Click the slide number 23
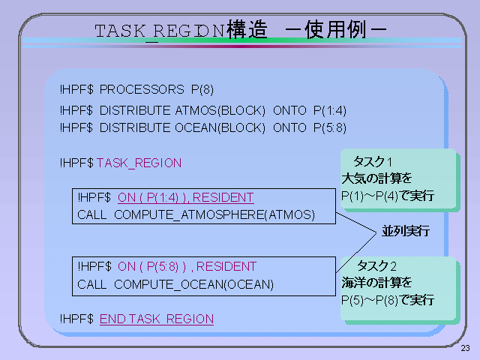pos(465,348)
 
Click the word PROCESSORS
pos(142,90)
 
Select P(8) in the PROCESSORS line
pos(202,90)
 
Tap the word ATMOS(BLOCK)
pos(220,110)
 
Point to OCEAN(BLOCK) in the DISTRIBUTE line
pos(220,127)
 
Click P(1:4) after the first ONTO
pos(330,110)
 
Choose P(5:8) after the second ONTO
pos(330,127)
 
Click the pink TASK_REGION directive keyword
pos(139,163)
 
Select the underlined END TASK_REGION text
pos(157,319)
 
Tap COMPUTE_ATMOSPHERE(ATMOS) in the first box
pos(214,215)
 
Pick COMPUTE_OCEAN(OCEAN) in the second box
pos(193,284)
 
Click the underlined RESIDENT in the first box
pos(223,197)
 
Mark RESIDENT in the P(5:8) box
pos(226,266)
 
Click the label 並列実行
pos(406,231)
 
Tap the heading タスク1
pos(373,162)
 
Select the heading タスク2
pos(376,265)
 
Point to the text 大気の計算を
pos(376,178)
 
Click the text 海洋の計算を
pos(376,283)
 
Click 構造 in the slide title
pos(247,29)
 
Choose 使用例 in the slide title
pos(335,29)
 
